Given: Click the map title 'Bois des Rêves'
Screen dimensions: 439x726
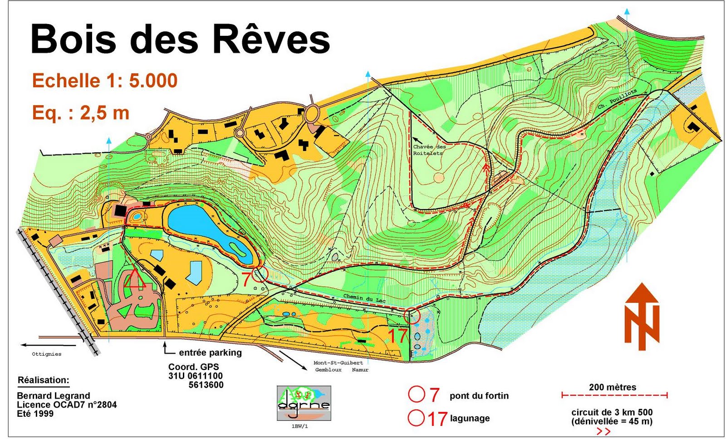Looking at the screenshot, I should click(x=180, y=39).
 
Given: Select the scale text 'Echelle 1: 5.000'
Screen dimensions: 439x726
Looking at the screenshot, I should click(x=104, y=81).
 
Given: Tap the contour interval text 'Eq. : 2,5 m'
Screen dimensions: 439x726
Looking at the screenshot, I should click(x=81, y=112).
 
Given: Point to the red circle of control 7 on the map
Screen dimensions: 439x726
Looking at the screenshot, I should click(x=260, y=274).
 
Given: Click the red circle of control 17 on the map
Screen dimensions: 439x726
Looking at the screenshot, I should click(x=412, y=315).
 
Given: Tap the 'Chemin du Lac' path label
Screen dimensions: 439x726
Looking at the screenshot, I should click(x=364, y=298).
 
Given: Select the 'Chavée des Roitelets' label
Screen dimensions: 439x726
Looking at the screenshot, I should click(x=429, y=150).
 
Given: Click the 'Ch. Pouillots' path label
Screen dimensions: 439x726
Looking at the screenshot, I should click(x=617, y=99).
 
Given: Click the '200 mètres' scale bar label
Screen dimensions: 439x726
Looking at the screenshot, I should click(x=613, y=387).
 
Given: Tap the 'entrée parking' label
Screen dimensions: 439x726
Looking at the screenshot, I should click(x=210, y=352).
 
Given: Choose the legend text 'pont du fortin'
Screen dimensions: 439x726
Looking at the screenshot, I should click(x=479, y=396).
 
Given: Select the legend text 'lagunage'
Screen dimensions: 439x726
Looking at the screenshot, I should click(x=470, y=418).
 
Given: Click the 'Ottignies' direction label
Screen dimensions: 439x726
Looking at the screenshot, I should click(x=46, y=354).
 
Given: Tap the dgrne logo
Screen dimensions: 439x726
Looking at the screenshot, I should click(x=304, y=403).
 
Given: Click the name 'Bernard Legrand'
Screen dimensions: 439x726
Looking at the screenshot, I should click(x=53, y=395).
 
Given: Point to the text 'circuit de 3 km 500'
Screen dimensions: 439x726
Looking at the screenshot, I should click(x=612, y=412).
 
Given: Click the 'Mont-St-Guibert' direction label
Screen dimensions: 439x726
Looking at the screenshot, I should click(x=338, y=363).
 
